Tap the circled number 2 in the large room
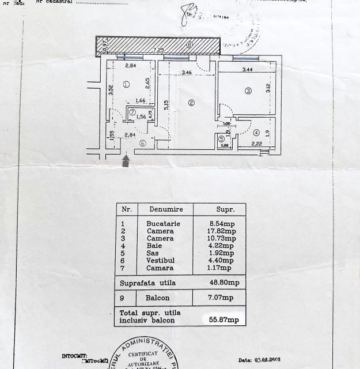tap(192, 103)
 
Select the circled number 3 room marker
tap(248, 90)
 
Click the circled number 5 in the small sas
tap(222, 138)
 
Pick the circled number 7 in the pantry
tap(132, 112)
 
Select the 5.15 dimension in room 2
tap(165, 106)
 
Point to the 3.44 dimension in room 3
tap(248, 70)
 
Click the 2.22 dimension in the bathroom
tap(257, 144)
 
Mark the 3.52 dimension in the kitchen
tap(110, 90)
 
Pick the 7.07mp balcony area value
tap(222, 298)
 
